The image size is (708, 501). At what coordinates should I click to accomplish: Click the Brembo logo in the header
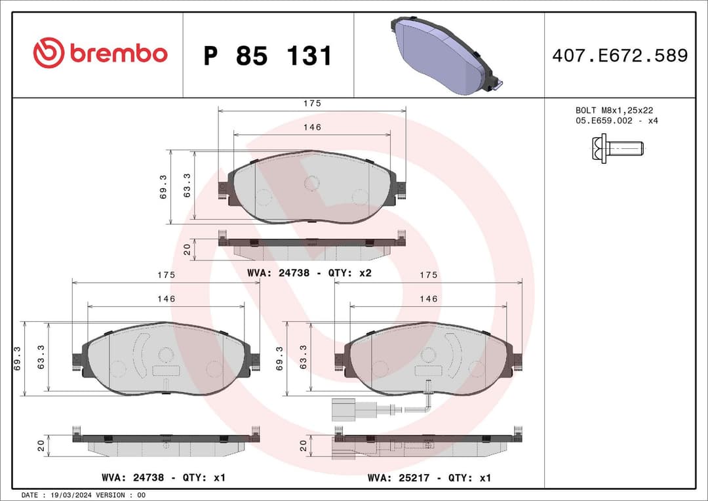coord(100,54)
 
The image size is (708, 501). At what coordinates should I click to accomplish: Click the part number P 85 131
coord(267,56)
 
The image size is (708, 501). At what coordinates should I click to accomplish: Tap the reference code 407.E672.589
coord(619,56)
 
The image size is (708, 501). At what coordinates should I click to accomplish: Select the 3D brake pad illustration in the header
coord(447,55)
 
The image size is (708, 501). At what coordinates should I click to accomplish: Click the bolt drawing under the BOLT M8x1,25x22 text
coord(617,148)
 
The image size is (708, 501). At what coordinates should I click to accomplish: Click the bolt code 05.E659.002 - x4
coord(616,121)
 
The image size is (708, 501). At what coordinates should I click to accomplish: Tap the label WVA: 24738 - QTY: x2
coord(309,273)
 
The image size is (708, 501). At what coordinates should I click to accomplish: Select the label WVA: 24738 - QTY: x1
coord(164,478)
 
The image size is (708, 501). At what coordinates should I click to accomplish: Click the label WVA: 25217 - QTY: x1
coord(429,478)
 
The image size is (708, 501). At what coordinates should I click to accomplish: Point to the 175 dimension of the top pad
coord(312,104)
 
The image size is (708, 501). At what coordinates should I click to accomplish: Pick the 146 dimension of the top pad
coord(312,127)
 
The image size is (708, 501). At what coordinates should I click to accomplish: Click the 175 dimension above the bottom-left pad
coord(167,275)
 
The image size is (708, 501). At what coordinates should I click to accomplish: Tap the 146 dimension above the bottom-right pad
coord(428,299)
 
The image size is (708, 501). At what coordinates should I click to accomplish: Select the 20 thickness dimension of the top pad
coord(187,249)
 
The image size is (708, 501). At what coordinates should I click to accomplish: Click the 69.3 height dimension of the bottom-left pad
coord(17,359)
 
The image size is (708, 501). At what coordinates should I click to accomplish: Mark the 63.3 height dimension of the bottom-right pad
coord(303,359)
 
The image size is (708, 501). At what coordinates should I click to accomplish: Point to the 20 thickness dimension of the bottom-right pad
coord(303,446)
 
